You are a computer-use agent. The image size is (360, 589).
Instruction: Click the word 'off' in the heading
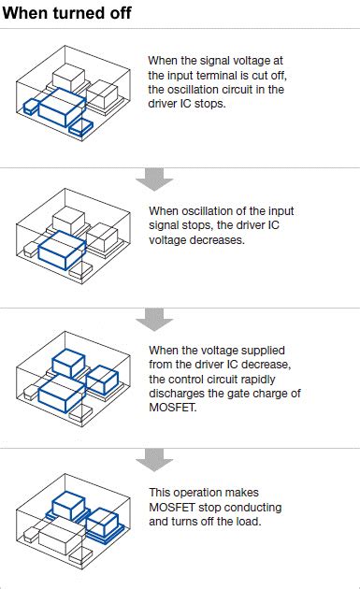tap(121, 13)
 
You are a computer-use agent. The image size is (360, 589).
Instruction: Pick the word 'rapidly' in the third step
tap(257, 380)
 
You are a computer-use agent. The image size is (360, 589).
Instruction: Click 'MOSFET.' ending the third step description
tap(173, 408)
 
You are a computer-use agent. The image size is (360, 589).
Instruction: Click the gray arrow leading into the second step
tap(154, 179)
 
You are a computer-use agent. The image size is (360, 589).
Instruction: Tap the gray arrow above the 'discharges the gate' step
tap(154, 320)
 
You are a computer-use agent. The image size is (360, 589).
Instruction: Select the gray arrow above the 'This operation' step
tap(154, 460)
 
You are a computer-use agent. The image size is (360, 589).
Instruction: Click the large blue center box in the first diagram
tap(62, 108)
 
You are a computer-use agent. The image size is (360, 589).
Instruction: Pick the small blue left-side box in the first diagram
tap(31, 108)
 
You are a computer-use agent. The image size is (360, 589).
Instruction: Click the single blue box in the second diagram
tap(62, 251)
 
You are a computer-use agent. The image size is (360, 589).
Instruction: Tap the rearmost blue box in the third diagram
tap(68, 363)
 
